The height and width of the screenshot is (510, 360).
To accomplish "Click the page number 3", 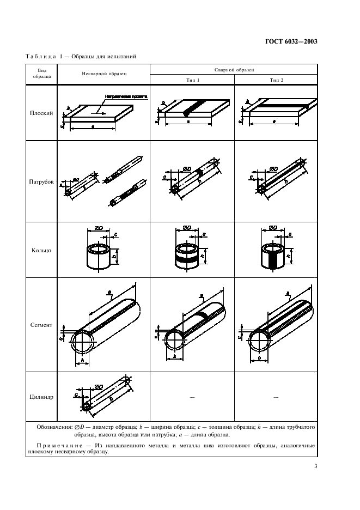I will coord(316,466).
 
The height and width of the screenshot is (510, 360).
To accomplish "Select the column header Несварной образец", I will coord(104,73).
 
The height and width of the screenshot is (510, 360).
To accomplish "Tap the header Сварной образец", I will coord(234,70).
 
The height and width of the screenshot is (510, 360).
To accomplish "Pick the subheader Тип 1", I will coord(192,80).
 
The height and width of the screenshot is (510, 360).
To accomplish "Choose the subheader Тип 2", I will coord(276,80).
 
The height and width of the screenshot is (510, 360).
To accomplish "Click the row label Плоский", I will coord(41,114).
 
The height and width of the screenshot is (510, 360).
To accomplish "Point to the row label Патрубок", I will coord(41,183).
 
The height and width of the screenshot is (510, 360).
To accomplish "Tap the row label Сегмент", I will coord(41,325).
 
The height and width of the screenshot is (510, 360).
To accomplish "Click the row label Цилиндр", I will coord(41,397).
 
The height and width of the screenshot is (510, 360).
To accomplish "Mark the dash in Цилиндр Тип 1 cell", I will coord(192,398).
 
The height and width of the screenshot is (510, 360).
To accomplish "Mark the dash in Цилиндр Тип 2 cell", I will coord(276,398).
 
